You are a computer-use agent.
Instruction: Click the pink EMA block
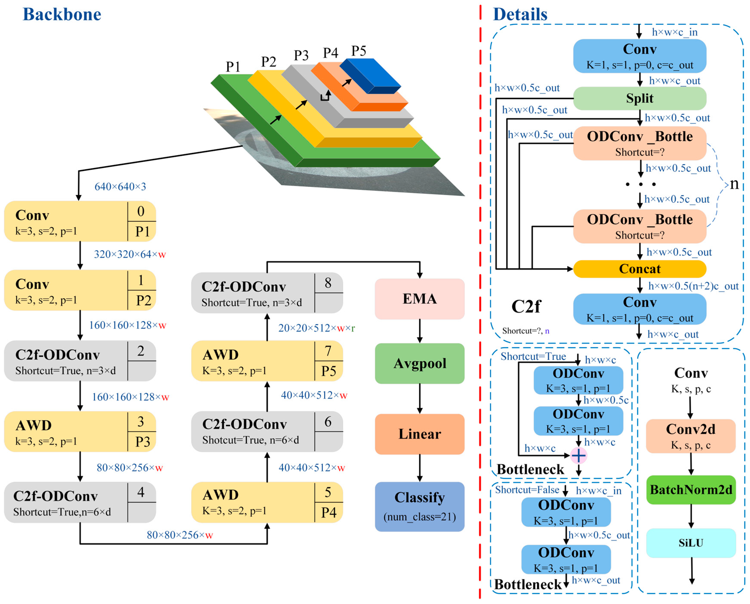[420, 299]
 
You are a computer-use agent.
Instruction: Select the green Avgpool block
[420, 364]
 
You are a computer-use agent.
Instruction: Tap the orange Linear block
[420, 434]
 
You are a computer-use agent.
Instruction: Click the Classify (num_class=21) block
[420, 506]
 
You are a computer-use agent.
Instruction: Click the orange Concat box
[639, 269]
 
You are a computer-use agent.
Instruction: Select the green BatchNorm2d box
[691, 490]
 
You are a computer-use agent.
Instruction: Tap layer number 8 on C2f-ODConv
[328, 283]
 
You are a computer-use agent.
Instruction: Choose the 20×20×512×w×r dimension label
[316, 328]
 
